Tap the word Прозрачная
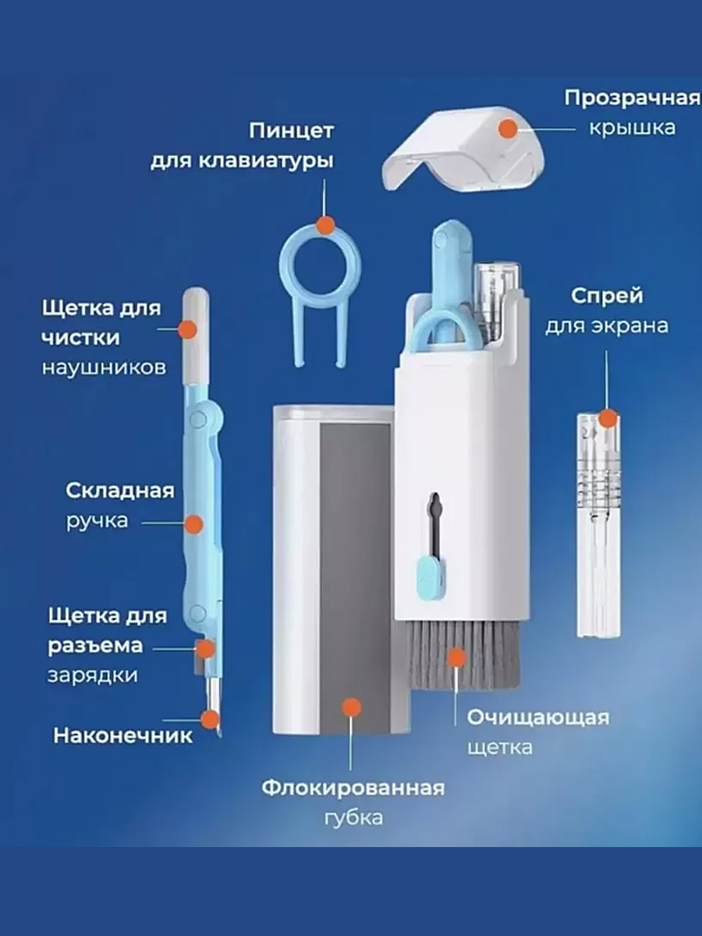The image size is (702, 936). pos(632,98)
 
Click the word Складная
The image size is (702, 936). pos(119,491)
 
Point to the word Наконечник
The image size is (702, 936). pos(123,735)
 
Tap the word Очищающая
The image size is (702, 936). pos(538,718)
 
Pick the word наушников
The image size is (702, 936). pos(104,367)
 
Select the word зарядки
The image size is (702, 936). pos(92,675)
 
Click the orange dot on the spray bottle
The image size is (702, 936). pos(608,418)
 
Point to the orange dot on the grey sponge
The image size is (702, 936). pos(353,707)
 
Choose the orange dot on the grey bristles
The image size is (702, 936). pos(458,658)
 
